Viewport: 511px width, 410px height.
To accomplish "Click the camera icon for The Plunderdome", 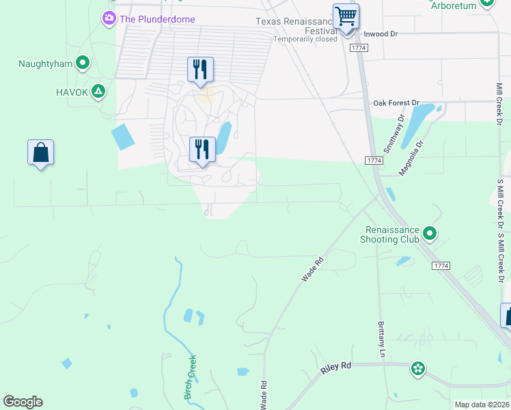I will click(x=109, y=18).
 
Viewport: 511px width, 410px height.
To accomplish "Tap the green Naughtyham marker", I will click(x=83, y=64).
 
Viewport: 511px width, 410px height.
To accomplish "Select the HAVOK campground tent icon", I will click(x=99, y=92).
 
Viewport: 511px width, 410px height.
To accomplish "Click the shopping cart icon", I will click(x=346, y=15).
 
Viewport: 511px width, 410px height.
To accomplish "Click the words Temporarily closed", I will click(x=305, y=39).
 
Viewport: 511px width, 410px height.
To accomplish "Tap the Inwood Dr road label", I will click(x=381, y=33).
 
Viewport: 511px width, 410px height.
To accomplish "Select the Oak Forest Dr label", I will click(x=396, y=102).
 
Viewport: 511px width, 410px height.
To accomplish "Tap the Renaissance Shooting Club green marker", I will click(x=430, y=234).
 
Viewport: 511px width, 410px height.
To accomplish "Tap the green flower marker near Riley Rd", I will click(x=417, y=370).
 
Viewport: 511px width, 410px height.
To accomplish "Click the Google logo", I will click(x=23, y=402).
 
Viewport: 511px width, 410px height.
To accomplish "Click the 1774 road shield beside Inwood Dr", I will click(x=358, y=48).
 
